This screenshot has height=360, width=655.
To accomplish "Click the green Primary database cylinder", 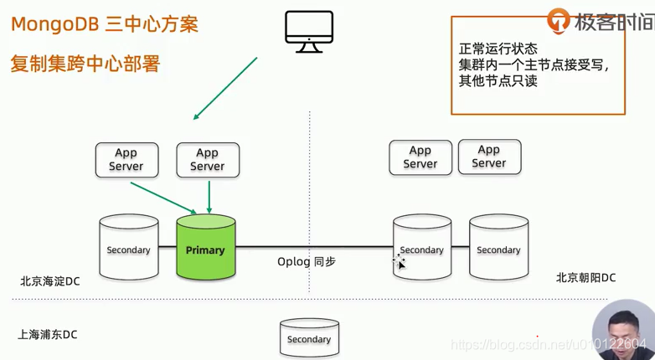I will (x=205, y=249).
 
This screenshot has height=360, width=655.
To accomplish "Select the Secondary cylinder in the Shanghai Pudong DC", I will (x=309, y=338).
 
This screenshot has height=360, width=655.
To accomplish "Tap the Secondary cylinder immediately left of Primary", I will (x=128, y=249).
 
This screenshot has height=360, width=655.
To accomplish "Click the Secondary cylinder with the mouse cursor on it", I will (x=421, y=249).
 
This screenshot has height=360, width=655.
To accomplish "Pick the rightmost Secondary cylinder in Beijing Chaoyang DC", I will (x=498, y=249).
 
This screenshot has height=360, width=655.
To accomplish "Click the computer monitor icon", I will (x=308, y=32).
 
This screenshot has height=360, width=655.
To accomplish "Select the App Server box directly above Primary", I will (x=208, y=159).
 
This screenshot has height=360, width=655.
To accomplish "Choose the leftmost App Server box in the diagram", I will (x=126, y=159).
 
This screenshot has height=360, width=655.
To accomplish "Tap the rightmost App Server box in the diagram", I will (x=489, y=157).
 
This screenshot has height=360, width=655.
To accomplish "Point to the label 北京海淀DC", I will (x=50, y=281).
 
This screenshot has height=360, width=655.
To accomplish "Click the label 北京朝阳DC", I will (x=585, y=277).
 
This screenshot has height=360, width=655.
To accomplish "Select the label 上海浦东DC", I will (x=48, y=334).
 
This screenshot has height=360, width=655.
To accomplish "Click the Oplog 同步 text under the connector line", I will (x=307, y=262).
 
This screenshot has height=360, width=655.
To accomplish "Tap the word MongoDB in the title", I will (x=55, y=24).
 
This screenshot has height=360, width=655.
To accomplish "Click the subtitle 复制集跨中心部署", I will (x=85, y=64).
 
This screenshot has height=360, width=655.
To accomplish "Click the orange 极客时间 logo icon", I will (x=559, y=21).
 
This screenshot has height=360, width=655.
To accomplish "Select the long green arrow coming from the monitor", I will (x=224, y=89).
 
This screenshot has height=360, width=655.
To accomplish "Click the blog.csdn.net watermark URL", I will (x=549, y=345).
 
